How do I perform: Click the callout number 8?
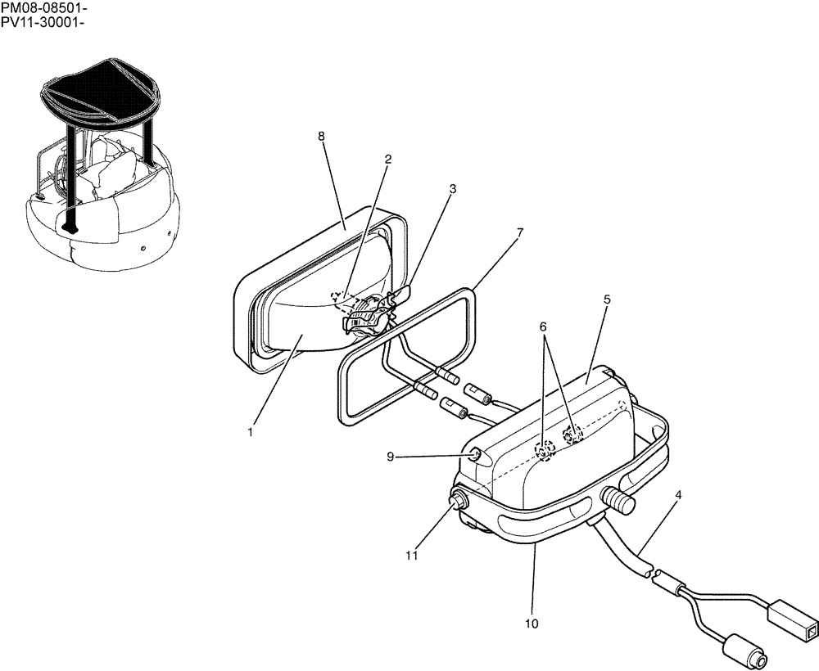322,136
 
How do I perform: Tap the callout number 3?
452,189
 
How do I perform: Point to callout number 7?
518,232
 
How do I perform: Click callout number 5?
606,299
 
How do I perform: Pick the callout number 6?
542,326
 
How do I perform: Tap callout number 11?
412,556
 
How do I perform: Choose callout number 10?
532,624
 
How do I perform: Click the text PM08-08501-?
43,7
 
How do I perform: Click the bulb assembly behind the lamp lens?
364,315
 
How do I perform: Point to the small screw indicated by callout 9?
474,455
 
